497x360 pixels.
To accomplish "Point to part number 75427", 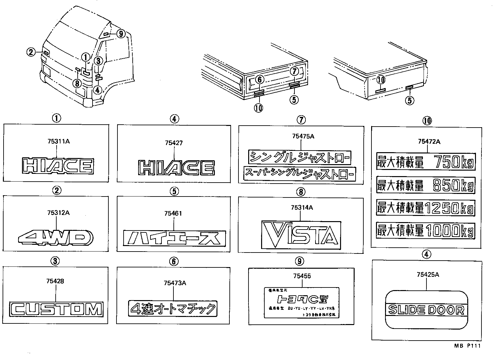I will click(x=173, y=143).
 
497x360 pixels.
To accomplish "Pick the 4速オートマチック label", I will click(x=173, y=309).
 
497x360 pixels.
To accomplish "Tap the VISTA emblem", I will click(x=301, y=234).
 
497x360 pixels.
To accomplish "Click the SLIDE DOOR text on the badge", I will click(x=426, y=310).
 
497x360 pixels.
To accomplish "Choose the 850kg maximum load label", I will click(x=425, y=186).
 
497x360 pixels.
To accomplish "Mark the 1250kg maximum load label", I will click(x=425, y=208).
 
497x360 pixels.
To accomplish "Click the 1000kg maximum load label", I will click(x=425, y=231).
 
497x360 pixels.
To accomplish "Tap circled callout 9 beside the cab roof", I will click(x=120, y=33).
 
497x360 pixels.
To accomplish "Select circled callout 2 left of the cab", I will click(x=31, y=51).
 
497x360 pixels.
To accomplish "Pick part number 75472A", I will click(x=429, y=141).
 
